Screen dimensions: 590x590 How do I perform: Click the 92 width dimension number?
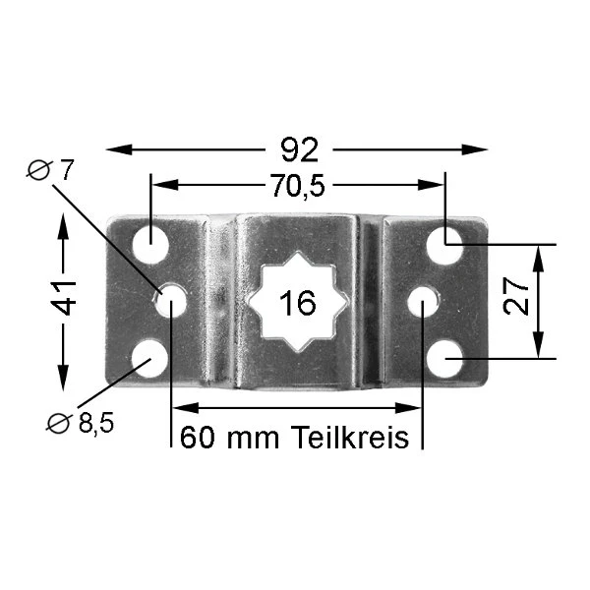tap(300, 149)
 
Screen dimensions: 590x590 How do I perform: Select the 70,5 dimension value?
tap(298, 186)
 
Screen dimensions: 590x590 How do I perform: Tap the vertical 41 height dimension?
tap(64, 298)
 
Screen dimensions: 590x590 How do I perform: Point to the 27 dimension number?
tap(516, 296)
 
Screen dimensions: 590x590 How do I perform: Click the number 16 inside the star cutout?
tap(298, 303)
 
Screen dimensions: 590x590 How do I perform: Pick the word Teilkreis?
tap(350, 437)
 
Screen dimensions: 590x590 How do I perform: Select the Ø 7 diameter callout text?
tap(50, 170)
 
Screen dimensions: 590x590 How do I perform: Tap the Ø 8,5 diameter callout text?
tap(80, 423)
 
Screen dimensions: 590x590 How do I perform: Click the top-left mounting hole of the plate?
tap(150, 245)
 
